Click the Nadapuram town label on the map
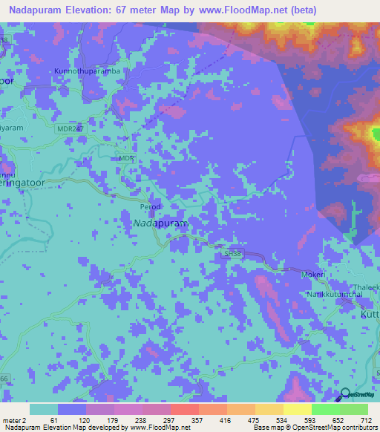(160, 223)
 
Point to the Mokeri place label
(312, 275)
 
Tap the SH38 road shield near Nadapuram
(233, 254)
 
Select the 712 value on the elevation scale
(366, 420)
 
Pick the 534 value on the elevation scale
(284, 420)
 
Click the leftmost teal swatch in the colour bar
(44, 409)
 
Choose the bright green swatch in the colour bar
(325, 409)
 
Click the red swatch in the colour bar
(184, 409)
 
